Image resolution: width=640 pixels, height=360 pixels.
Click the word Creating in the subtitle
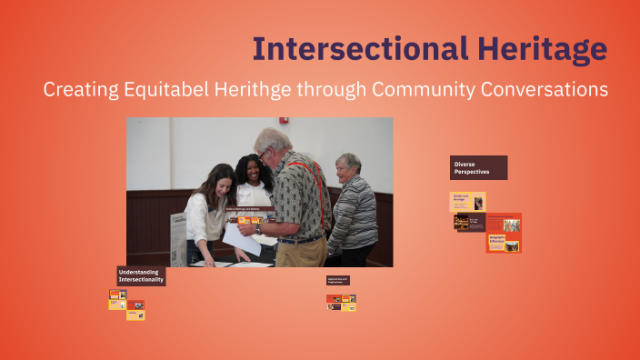(75, 90)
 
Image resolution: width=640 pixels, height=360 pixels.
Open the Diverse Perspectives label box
(478, 167)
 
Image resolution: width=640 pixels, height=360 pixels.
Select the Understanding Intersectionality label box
(141, 275)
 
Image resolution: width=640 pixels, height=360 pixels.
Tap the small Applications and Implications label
(338, 280)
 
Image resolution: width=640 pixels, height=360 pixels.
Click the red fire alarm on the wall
(284, 120)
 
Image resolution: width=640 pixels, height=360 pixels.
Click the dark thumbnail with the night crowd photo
(468, 222)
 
